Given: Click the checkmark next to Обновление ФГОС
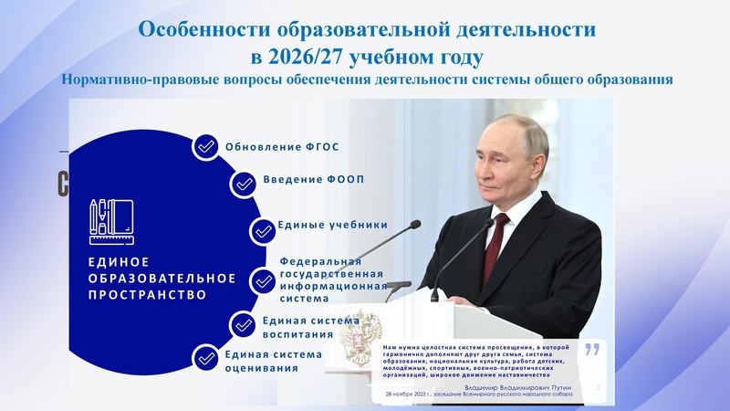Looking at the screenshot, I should [206, 146].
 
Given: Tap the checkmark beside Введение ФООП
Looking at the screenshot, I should [244, 184].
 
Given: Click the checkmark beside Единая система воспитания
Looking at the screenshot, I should [243, 324].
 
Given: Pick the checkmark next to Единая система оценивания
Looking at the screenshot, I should [206, 359].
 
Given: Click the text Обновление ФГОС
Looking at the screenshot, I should [276, 147].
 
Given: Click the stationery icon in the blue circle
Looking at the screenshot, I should [111, 220].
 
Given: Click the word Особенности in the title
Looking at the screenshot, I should [199, 29].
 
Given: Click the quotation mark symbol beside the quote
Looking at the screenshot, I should [592, 349].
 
